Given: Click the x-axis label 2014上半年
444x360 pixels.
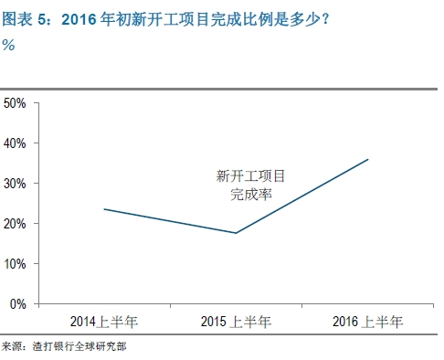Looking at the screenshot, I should (104, 321).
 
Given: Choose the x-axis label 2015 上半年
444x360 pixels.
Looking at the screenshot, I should (236, 321).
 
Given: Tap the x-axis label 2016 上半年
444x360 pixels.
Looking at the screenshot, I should (367, 321).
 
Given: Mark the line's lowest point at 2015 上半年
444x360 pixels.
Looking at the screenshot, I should (236, 233).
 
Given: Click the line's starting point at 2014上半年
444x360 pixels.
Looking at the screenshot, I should (104, 209).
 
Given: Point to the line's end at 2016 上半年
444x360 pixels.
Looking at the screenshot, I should (367, 159).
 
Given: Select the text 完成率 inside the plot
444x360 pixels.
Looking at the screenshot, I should (242, 194).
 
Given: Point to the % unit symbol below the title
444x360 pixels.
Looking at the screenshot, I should (8, 46).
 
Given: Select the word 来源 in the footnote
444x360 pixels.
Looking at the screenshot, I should (12, 347).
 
